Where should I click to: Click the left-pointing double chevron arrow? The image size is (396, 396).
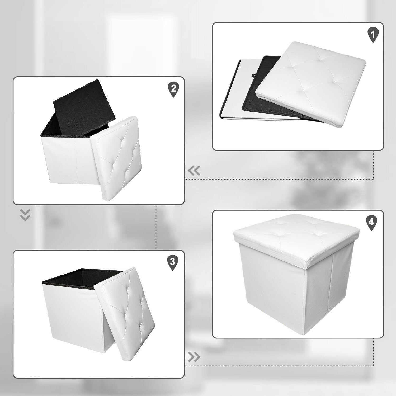pos(194,171)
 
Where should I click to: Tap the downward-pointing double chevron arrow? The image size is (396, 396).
pos(25,215)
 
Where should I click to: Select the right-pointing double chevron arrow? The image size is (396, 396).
pos(194,357)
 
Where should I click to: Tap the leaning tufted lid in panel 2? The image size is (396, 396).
pos(116,158)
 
